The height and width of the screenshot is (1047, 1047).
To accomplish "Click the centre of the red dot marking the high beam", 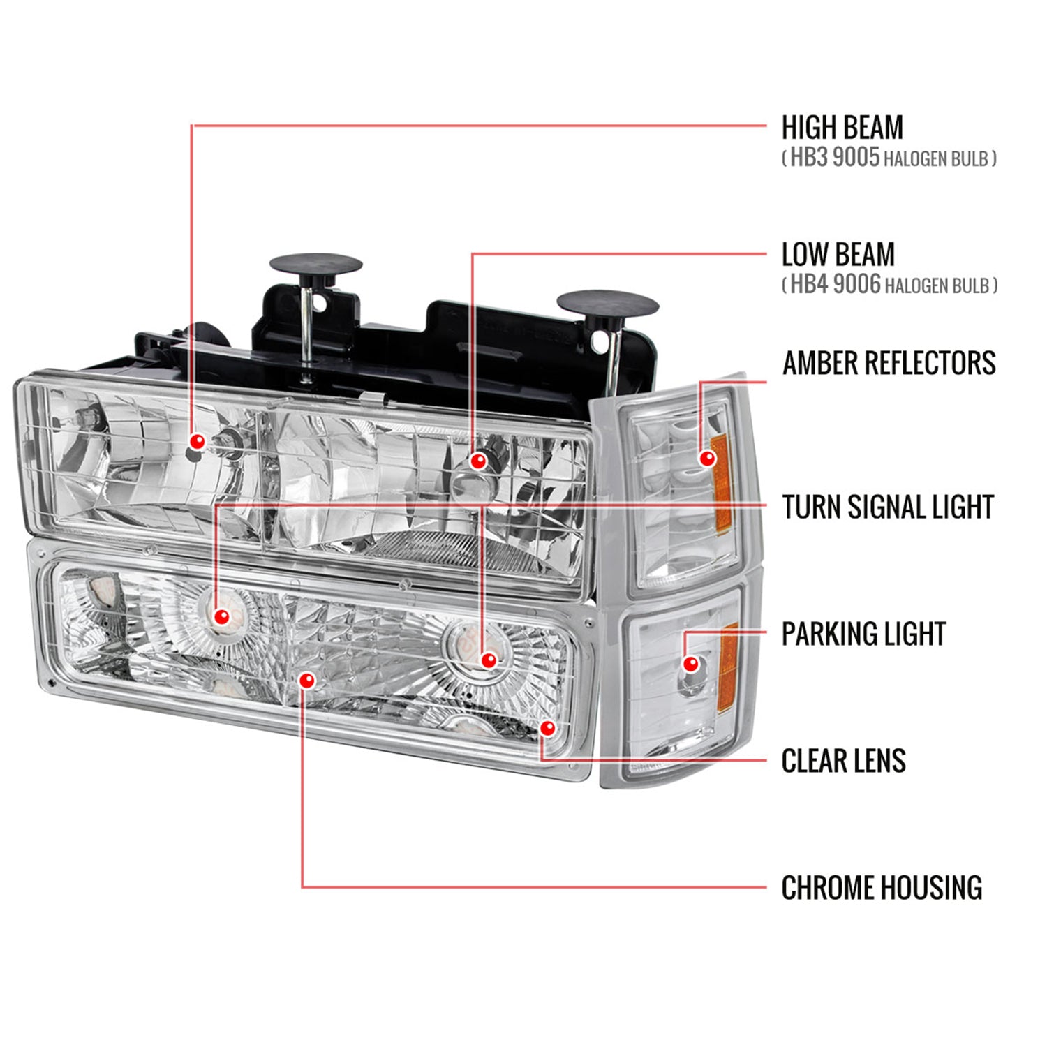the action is [198, 441].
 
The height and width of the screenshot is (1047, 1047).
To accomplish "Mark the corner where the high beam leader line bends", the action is [192, 126].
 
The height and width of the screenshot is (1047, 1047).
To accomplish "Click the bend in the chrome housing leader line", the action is [302, 887].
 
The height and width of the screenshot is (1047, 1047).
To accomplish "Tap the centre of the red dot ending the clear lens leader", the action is [548, 728].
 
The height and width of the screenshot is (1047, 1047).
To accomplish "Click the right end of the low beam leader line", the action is [766, 254].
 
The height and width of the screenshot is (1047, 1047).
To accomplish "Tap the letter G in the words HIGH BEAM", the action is [826, 128].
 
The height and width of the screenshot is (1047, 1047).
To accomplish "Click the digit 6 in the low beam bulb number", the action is [873, 285].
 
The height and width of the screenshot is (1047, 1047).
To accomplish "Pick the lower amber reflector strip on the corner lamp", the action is [728, 660].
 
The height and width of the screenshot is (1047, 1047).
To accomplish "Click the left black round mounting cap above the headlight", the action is [315, 266].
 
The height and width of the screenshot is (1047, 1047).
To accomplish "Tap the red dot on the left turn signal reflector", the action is [222, 616].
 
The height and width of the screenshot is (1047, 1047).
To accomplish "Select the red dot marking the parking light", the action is [691, 663].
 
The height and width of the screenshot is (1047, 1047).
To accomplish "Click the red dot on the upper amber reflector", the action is [707, 458].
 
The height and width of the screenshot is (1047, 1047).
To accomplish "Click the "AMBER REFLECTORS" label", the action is [889, 363].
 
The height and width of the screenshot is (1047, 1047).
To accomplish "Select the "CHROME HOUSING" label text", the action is [882, 888].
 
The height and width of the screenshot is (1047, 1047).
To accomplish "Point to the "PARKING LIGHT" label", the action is [863, 634].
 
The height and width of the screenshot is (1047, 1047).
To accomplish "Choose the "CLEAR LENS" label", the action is [844, 761].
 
